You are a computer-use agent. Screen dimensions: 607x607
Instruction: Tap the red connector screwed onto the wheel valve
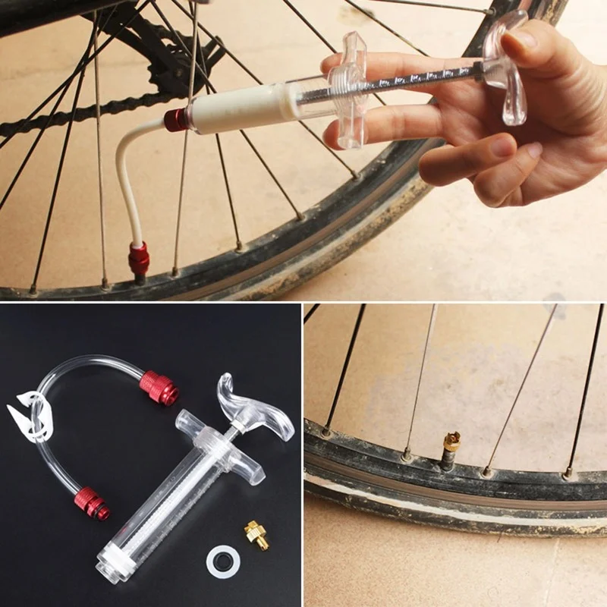139,259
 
